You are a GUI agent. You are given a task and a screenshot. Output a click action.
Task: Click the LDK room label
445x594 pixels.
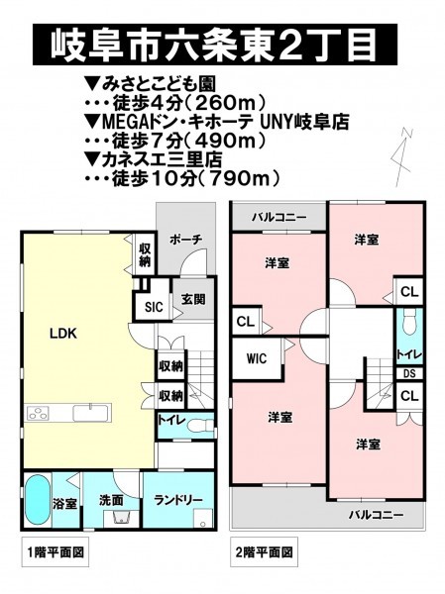click(x=63, y=334)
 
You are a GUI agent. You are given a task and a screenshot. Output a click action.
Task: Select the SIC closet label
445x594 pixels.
click(x=154, y=307)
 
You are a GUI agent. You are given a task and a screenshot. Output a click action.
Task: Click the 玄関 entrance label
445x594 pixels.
click(x=193, y=299)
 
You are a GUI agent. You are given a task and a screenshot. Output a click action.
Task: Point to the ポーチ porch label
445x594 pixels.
click(x=186, y=240)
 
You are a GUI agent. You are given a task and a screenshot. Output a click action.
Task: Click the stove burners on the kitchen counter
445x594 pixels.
click(x=38, y=413)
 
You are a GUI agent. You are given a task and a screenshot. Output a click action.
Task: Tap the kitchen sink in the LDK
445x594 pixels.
click(x=91, y=413)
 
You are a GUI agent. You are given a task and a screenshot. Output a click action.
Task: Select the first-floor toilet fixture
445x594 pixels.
click(x=200, y=425)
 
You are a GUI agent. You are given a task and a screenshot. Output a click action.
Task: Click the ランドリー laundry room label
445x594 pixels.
click(x=178, y=500)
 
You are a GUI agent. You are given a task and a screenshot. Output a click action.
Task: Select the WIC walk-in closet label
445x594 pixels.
click(x=257, y=358)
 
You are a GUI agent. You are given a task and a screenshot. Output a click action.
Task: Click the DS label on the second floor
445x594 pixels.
click(x=409, y=374)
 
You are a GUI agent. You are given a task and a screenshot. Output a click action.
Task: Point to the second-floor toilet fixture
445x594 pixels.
click(x=408, y=323)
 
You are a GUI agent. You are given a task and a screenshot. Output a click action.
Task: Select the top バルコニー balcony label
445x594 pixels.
click(x=278, y=218)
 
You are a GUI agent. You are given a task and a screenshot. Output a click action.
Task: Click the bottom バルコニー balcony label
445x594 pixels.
click(x=376, y=515)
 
